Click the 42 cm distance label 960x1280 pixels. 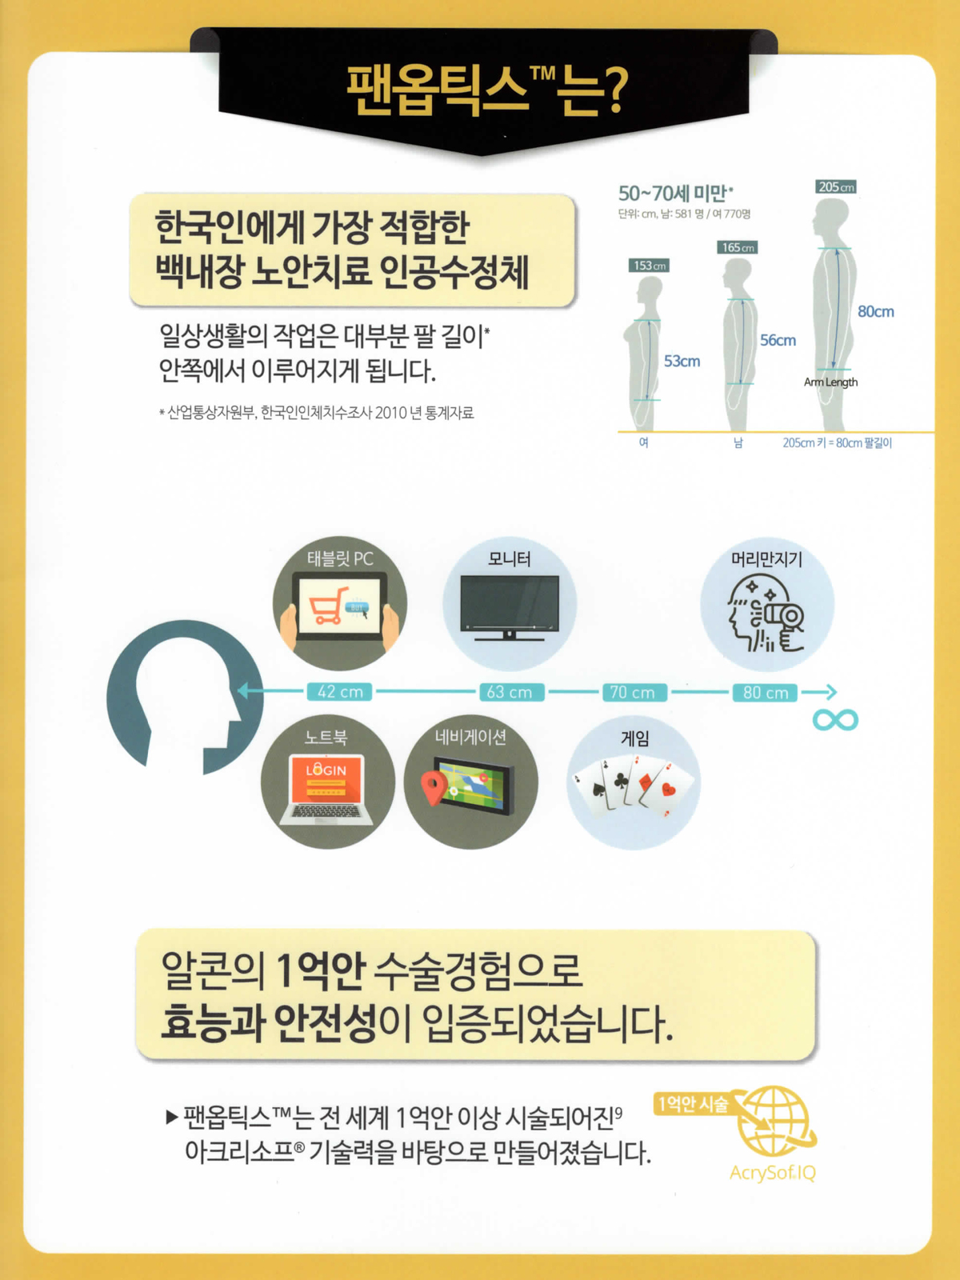(x=339, y=692)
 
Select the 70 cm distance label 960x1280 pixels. (x=634, y=692)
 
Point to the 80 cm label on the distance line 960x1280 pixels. (x=765, y=692)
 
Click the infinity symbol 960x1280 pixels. (x=835, y=719)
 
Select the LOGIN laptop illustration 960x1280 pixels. (x=326, y=789)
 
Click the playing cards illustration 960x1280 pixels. (x=634, y=785)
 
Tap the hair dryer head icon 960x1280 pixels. (x=766, y=614)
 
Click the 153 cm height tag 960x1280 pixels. (x=649, y=266)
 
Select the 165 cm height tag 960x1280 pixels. (x=738, y=247)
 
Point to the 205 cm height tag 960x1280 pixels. (x=835, y=186)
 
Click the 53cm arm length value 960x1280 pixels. (x=682, y=362)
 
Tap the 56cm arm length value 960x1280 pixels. (x=778, y=341)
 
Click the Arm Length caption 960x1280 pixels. (x=830, y=382)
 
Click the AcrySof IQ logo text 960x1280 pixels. (x=772, y=1172)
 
